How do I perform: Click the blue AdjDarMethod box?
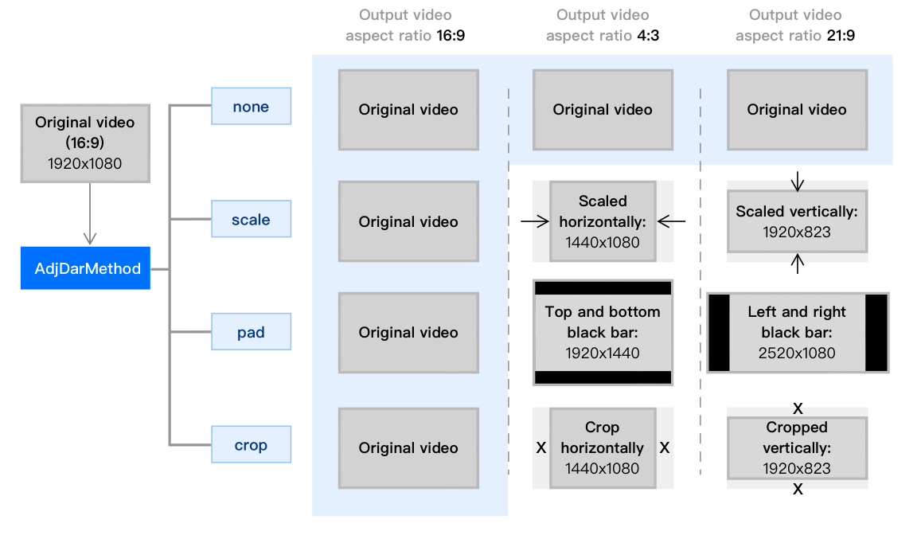[x=86, y=268]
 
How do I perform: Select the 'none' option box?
[x=251, y=107]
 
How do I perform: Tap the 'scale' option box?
[x=251, y=220]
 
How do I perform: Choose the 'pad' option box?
[x=251, y=332]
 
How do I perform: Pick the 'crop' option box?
[x=251, y=445]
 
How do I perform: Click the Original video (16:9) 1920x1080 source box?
[x=85, y=143]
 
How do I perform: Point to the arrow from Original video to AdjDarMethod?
[x=89, y=215]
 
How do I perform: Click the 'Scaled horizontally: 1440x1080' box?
[x=603, y=221]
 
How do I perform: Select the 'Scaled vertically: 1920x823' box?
[x=797, y=221]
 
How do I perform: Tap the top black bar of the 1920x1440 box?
[x=603, y=287]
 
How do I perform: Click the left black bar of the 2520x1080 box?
[x=719, y=332]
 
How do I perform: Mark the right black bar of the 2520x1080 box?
[x=876, y=332]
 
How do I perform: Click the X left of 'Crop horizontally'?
[x=541, y=447]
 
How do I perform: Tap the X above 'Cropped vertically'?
[x=798, y=408]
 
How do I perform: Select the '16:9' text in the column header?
[x=451, y=36]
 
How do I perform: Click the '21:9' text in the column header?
[x=841, y=36]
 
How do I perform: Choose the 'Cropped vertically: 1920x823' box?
[x=797, y=447]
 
